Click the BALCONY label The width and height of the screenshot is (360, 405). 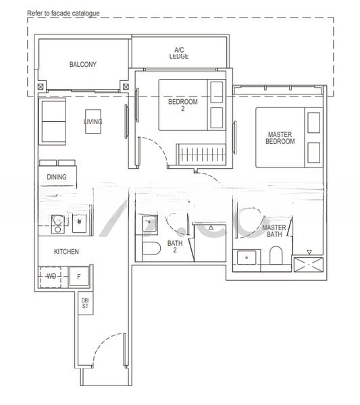point(83,65)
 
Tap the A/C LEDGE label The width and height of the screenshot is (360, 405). point(179,53)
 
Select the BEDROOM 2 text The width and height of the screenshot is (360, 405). point(183,105)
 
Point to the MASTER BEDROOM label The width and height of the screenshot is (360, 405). point(280,138)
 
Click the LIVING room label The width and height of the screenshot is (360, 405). point(93,122)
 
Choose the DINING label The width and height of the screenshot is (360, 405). point(57,177)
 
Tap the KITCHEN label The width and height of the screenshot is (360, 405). point(67,251)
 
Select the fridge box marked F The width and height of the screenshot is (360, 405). point(79,277)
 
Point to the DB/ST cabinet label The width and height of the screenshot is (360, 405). point(86,303)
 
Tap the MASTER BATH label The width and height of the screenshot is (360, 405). point(274,232)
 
